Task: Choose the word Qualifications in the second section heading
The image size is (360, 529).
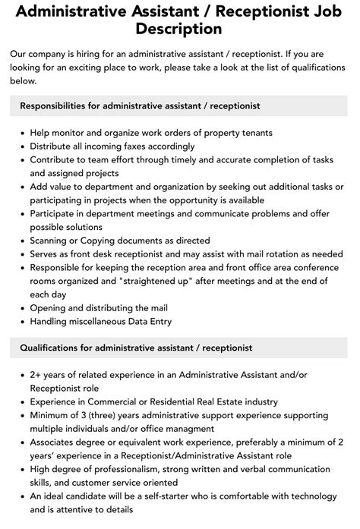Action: (49, 348)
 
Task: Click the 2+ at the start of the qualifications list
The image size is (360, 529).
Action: (36, 374)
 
